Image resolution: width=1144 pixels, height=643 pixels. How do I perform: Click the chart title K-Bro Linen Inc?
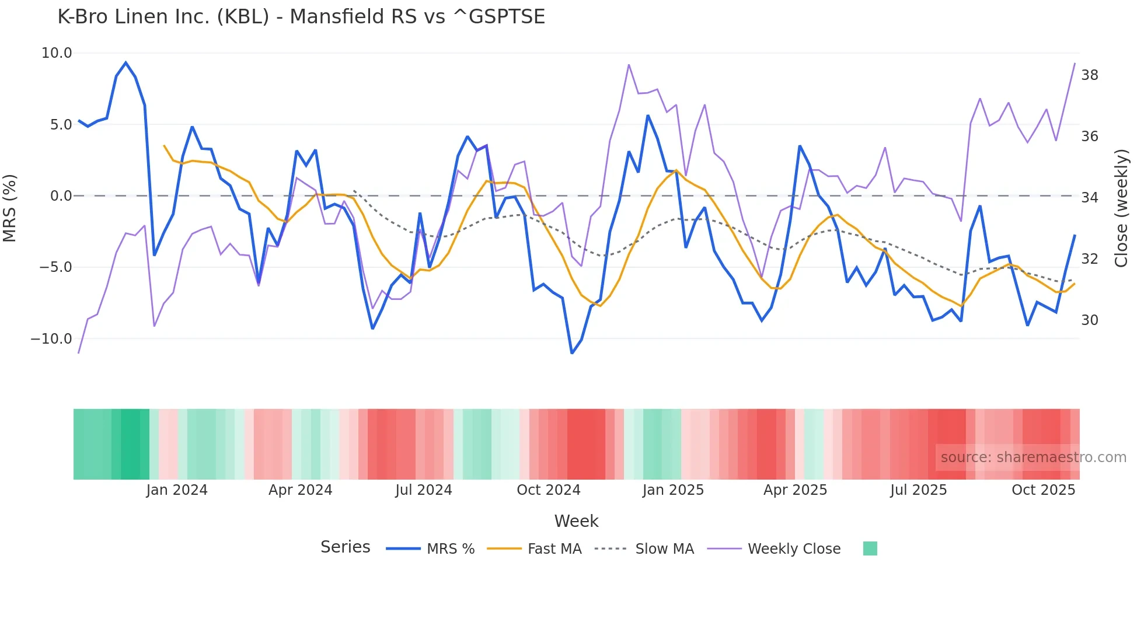(x=301, y=17)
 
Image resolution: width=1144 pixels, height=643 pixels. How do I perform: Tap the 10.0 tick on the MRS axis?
(x=57, y=53)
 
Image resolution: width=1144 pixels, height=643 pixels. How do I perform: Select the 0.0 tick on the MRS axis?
(x=61, y=196)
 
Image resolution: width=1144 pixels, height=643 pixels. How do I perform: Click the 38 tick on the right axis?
(x=1090, y=75)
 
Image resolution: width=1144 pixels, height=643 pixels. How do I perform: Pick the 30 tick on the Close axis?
(x=1090, y=320)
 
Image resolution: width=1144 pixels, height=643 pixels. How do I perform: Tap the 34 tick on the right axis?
(x=1090, y=198)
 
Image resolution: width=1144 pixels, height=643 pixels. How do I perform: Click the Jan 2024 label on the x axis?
(x=177, y=490)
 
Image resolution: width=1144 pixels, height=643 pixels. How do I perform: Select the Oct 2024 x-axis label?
(x=549, y=490)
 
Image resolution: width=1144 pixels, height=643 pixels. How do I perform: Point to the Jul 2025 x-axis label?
(x=919, y=490)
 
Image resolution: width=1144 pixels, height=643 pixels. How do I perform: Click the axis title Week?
(x=576, y=521)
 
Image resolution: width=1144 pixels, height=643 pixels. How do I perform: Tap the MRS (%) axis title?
(x=10, y=208)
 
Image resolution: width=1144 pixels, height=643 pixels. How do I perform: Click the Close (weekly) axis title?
(x=1121, y=208)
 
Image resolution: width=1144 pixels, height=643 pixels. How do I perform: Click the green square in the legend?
(x=870, y=548)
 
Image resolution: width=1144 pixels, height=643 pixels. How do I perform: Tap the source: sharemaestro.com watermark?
(x=1033, y=457)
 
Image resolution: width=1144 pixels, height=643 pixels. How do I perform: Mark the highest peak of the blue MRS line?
(x=126, y=62)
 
